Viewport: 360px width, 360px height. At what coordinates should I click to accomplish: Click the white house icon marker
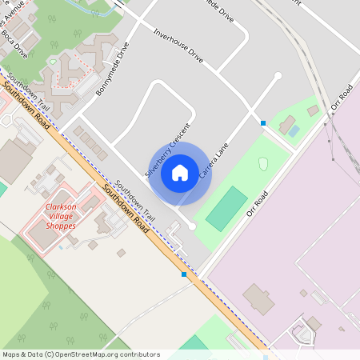180,172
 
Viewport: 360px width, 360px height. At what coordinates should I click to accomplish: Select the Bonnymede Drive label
111,69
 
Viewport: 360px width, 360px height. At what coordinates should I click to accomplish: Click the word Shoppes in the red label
61,226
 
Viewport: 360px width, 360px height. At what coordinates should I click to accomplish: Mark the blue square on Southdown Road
184,274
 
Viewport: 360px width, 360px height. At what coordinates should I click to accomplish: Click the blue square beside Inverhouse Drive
263,122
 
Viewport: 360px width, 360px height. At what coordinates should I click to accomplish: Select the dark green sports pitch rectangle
227,209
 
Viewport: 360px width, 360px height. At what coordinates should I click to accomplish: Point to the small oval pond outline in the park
263,163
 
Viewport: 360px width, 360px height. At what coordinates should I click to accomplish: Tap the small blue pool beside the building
294,130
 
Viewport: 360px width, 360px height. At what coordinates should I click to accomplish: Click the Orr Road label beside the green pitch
257,203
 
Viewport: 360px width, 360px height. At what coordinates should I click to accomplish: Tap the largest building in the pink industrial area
258,298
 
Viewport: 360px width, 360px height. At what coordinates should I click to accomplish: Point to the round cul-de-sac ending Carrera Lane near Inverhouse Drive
278,76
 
